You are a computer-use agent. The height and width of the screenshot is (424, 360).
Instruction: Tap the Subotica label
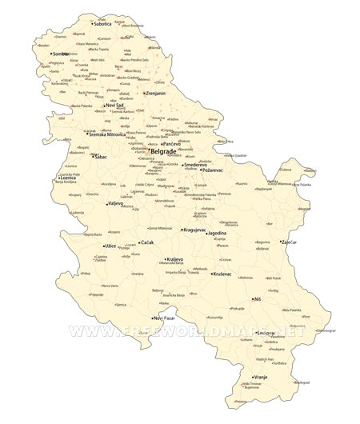tap(103, 24)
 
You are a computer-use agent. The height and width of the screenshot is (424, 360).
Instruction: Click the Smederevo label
tap(197, 164)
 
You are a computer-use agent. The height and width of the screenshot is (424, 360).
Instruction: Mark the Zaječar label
tap(290, 242)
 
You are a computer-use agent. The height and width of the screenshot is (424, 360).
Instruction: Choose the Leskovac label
tap(266, 332)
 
